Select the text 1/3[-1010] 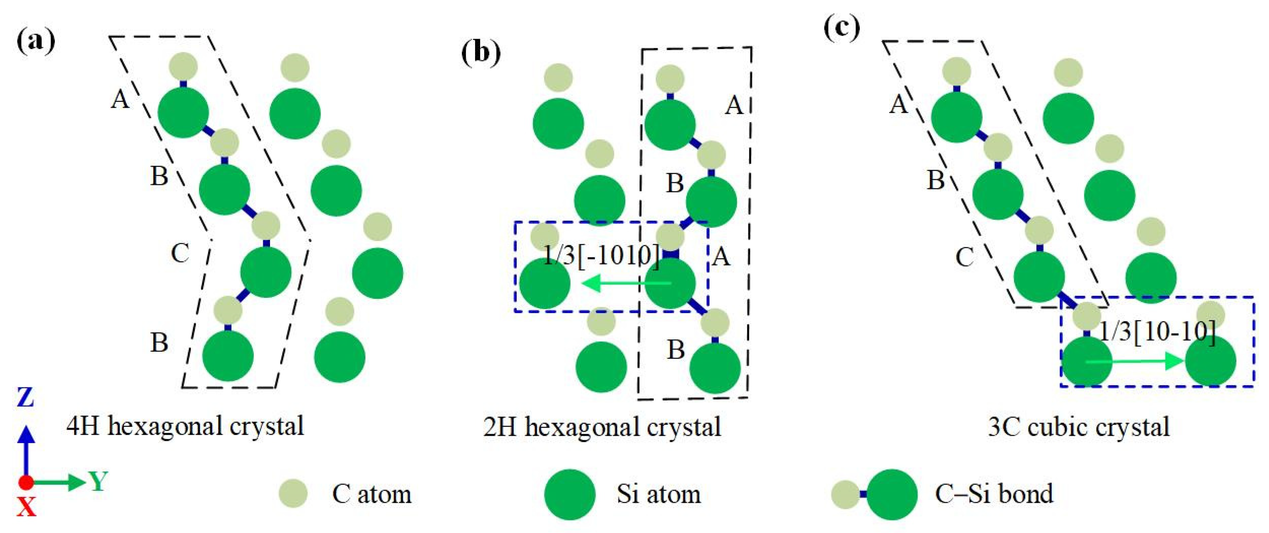[x=602, y=255]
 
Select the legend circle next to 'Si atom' [x=570, y=494]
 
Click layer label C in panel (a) [x=180, y=253]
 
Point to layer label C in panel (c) [x=964, y=257]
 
